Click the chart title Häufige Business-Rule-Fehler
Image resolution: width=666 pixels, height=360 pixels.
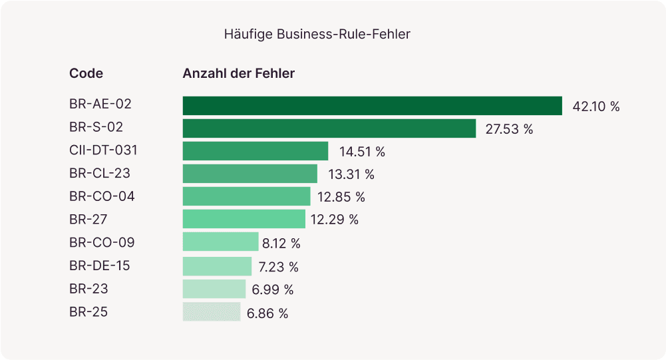[317, 34]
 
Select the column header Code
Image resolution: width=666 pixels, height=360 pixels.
[86, 73]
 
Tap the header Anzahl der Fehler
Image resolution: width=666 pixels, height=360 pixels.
[238, 73]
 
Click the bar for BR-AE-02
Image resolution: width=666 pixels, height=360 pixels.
[373, 106]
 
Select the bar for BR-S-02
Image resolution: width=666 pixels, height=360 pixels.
[329, 128]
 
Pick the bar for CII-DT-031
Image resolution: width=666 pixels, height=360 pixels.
[255, 151]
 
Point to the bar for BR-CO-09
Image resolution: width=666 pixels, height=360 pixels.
[220, 242]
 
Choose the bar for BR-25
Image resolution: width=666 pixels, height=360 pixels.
[212, 312]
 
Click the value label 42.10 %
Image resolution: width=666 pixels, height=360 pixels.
[595, 106]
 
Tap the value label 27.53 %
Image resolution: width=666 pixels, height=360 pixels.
[509, 129]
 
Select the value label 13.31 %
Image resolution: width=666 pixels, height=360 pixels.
[351, 174]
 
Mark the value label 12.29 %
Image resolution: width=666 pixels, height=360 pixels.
[335, 220]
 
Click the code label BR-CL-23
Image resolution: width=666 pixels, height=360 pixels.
[100, 174]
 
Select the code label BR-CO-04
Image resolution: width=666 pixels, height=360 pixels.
[102, 196]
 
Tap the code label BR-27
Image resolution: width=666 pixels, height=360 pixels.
[88, 219]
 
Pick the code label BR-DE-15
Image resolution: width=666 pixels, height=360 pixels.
[100, 266]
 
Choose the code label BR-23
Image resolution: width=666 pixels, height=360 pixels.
[88, 289]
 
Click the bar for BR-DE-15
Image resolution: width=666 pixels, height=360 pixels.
[217, 266]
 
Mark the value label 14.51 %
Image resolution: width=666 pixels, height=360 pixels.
[362, 152]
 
